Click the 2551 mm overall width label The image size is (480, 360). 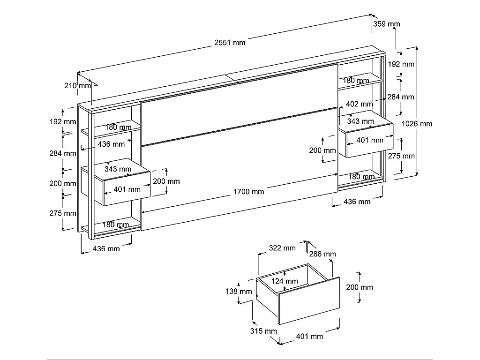pos(230,43)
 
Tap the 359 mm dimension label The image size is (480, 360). pos(387,24)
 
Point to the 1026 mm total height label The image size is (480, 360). pos(417,124)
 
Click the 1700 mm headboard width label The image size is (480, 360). pos(248,191)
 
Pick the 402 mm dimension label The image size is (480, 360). pos(359,104)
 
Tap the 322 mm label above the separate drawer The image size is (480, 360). pos(282,247)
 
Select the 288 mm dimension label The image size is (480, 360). pos(322,254)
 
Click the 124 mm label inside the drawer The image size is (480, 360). pos(285,281)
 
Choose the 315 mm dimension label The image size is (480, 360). pos(264,331)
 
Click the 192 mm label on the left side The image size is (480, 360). pos(63,122)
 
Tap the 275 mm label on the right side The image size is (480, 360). pos(401,156)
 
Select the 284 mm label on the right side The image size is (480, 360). pos(401,97)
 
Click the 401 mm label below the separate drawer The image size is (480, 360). pos(309,336)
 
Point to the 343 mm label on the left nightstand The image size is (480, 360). pos(118,169)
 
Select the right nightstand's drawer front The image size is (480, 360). pos(369,140)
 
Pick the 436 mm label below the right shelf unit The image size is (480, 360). pos(357,202)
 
